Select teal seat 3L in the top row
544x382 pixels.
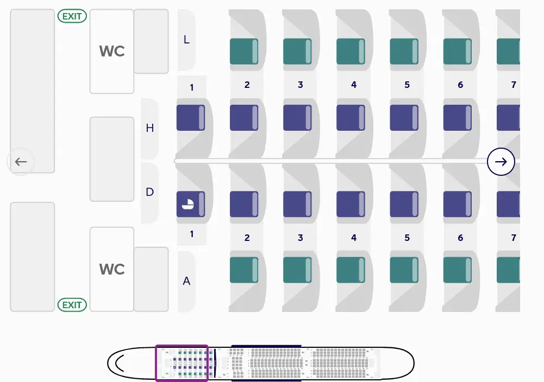297,52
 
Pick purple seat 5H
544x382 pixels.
404,118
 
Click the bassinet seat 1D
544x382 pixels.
190,204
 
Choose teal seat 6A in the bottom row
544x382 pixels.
457,270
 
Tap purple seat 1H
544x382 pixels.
190,118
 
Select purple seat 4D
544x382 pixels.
351,204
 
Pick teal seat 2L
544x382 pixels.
243,52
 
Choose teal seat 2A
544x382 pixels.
243,270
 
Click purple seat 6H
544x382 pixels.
457,118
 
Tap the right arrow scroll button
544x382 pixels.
501,162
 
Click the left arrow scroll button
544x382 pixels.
21,162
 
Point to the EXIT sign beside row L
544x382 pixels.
72,16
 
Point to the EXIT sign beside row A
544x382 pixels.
72,305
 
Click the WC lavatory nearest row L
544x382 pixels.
111,51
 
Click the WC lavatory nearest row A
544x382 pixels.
111,269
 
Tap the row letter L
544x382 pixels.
186,40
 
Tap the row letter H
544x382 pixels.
149,128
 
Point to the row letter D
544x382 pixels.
149,192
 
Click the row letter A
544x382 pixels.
186,281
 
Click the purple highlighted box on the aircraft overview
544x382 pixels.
182,362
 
